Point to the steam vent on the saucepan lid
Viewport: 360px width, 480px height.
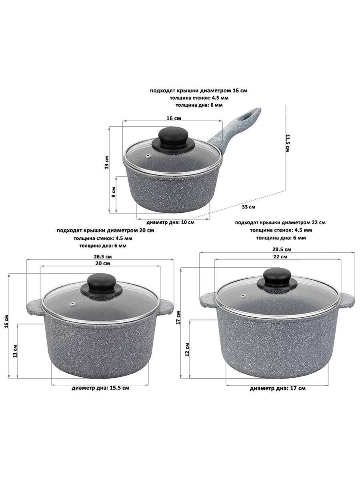click(149, 156)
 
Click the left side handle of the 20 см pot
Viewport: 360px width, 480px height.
click(34, 307)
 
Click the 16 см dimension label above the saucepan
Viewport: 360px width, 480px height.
click(174, 118)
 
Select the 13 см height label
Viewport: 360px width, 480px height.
click(106, 162)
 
